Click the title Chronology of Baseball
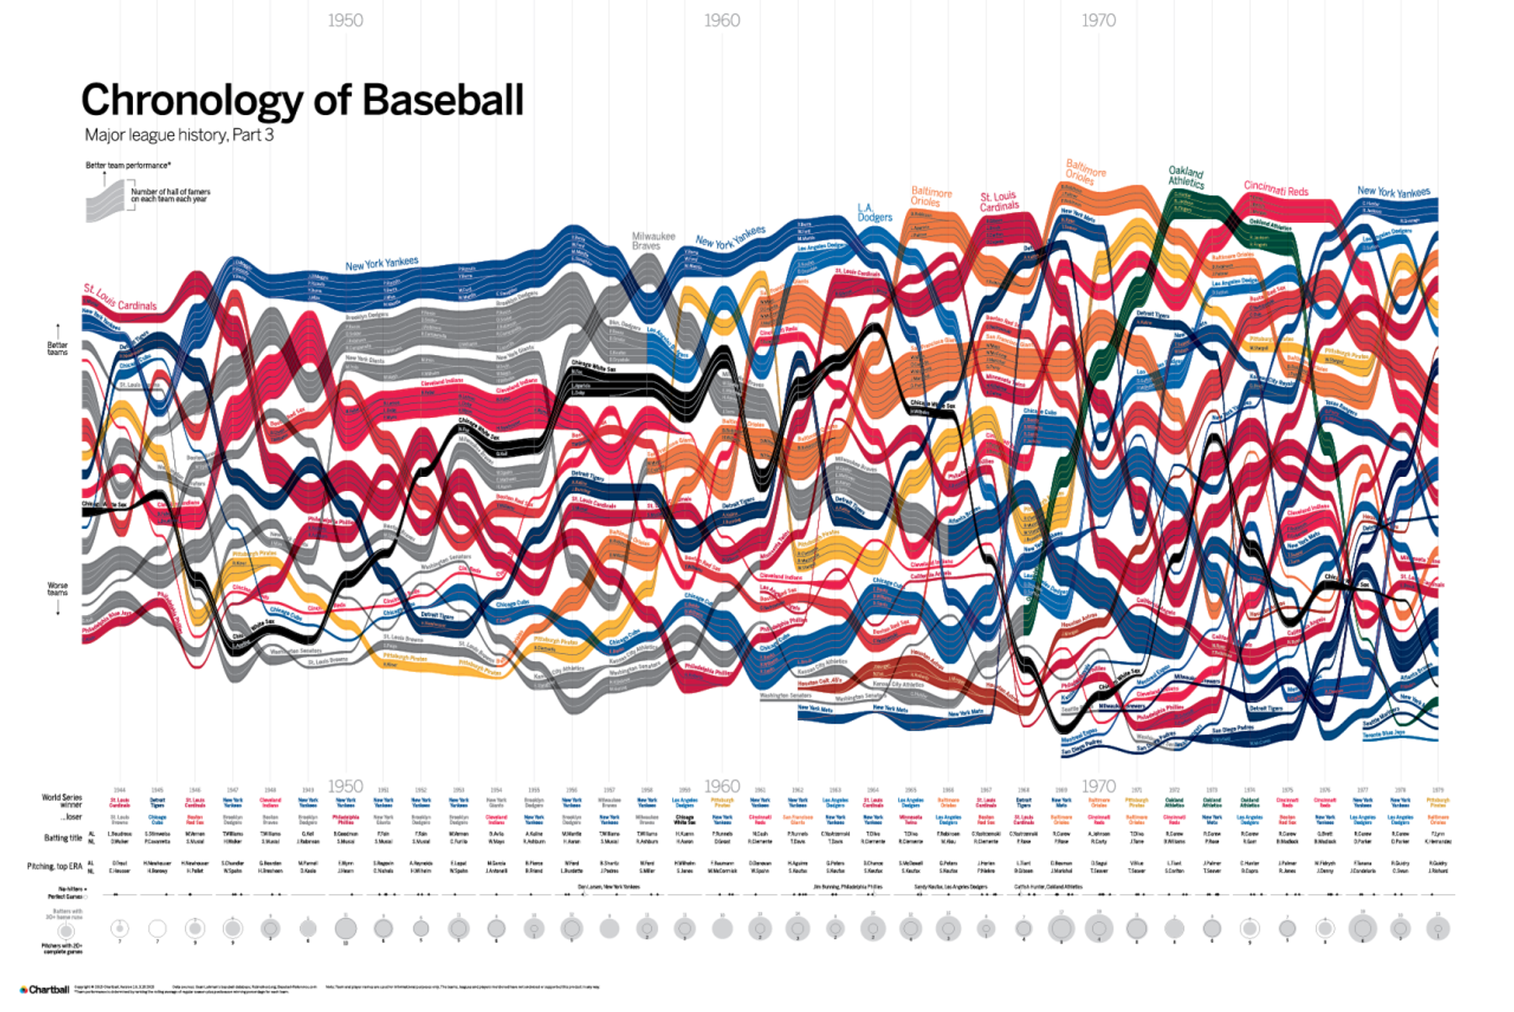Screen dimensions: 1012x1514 [302, 100]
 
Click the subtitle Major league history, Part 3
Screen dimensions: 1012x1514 [179, 135]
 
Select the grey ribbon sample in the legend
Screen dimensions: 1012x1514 [105, 202]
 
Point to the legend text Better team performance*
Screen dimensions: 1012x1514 [128, 165]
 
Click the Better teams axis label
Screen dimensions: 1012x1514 [57, 348]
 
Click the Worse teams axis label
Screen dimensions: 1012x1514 [57, 589]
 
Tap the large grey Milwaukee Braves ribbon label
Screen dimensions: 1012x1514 [654, 241]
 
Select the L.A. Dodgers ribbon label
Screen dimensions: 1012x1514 [874, 212]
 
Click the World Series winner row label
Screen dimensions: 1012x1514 [62, 800]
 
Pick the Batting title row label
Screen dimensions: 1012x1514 [63, 837]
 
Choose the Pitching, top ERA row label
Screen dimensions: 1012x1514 [55, 866]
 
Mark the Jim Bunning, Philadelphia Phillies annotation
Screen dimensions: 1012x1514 [848, 887]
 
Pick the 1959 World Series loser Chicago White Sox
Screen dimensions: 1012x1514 [685, 819]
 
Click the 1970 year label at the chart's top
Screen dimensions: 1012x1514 [1098, 20]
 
